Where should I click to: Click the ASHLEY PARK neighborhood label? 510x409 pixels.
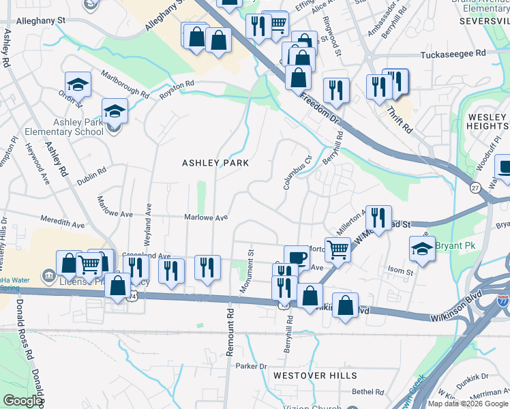(214, 163)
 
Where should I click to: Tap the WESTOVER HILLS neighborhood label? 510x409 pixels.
(314, 376)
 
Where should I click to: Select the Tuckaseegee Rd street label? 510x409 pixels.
(453, 53)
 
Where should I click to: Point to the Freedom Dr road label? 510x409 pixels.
(320, 107)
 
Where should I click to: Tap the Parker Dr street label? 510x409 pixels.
(250, 366)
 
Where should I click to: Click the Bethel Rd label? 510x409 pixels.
(368, 392)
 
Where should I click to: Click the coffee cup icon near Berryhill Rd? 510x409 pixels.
(297, 257)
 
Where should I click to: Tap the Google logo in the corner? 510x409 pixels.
(22, 401)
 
